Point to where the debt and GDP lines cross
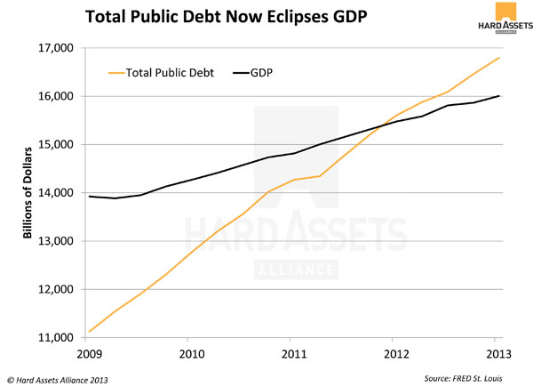(382, 128)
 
